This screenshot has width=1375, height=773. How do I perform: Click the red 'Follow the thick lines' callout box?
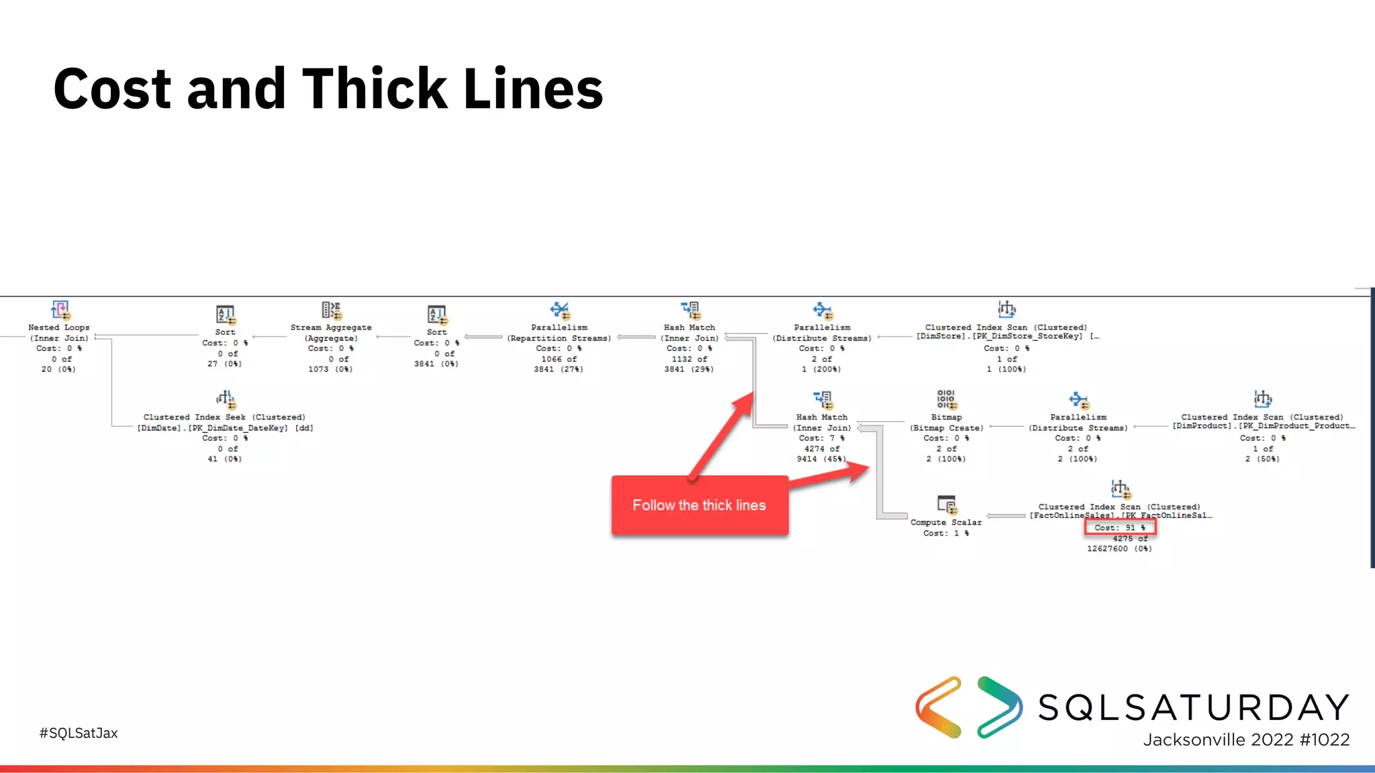click(x=699, y=505)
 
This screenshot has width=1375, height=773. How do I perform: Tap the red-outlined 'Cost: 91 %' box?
click(x=1119, y=527)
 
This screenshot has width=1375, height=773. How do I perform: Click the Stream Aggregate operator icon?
click(x=331, y=310)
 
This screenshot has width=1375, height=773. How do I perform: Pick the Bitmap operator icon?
click(x=947, y=399)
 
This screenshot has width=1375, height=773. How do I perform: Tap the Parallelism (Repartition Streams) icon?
click(x=559, y=310)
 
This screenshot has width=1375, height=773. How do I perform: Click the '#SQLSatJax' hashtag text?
click(x=79, y=733)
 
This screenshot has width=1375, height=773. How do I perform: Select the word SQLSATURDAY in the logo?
click(x=1194, y=707)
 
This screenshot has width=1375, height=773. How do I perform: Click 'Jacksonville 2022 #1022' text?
click(x=1246, y=739)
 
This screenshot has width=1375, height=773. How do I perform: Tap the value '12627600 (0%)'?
click(x=1119, y=549)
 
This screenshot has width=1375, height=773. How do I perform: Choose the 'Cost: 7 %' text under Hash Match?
click(x=822, y=438)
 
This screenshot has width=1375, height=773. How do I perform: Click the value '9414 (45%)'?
click(x=822, y=459)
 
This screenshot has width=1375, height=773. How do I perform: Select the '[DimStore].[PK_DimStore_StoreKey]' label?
click(x=1000, y=336)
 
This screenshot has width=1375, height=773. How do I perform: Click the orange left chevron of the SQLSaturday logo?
click(x=939, y=707)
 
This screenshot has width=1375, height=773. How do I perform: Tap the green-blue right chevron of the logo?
click(x=1000, y=707)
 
